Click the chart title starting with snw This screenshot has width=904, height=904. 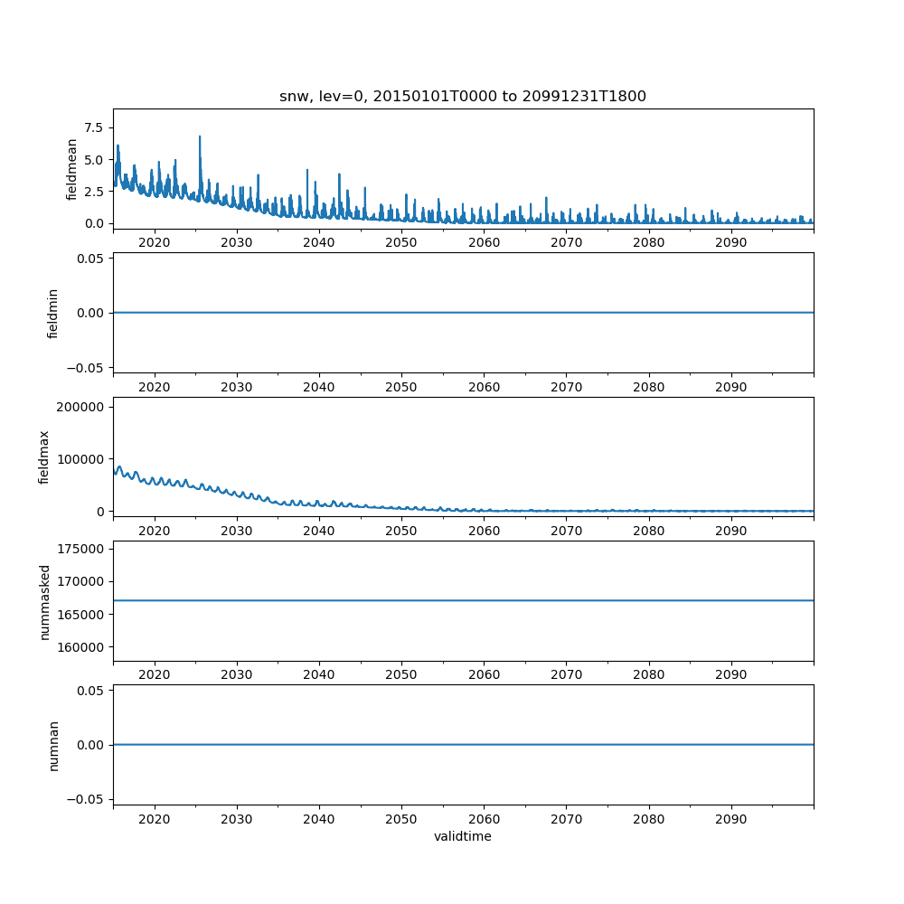(462, 97)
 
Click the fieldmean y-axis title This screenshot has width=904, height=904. (71, 169)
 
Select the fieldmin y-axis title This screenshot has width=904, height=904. (53, 313)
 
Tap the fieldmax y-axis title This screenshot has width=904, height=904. (44, 457)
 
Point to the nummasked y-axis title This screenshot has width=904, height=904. (44, 601)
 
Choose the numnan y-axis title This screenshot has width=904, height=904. (53, 745)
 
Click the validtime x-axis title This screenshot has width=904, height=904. (462, 837)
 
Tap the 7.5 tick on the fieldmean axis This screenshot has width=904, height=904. (95, 127)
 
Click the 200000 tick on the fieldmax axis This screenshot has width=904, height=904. (79, 407)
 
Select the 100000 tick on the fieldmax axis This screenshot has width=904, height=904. (79, 459)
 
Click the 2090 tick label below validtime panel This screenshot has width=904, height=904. (730, 820)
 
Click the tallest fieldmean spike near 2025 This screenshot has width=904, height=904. (200, 137)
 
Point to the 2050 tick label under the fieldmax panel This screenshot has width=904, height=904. (401, 532)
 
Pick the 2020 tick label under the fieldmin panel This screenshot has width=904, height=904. (155, 388)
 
